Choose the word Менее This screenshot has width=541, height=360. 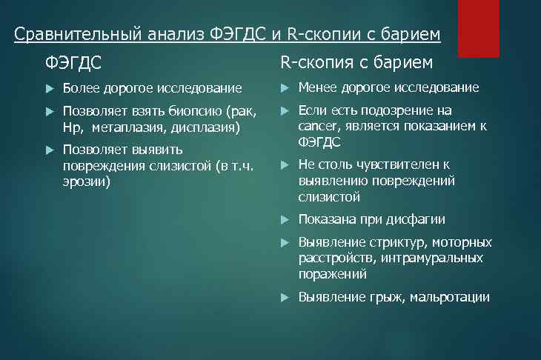(316, 88)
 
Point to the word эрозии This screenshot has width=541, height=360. (86, 181)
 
